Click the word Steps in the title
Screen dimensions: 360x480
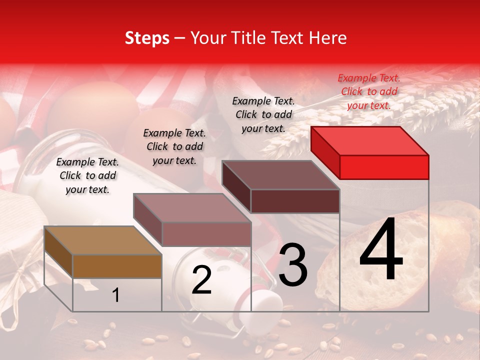[x=147, y=38]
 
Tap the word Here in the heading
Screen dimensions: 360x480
[x=328, y=38]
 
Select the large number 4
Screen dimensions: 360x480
[x=381, y=250]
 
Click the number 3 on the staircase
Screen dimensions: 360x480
[x=293, y=264]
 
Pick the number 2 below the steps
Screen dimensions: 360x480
[x=201, y=280]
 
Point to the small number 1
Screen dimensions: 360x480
[x=115, y=295]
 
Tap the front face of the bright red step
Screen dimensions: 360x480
[x=384, y=167]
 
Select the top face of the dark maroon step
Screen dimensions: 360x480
[x=280, y=175]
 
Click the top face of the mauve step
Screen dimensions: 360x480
[x=191, y=208]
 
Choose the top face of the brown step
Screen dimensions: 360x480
[x=102, y=240]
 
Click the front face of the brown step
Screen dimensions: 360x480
[x=117, y=266]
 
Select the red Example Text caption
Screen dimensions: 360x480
[x=369, y=91]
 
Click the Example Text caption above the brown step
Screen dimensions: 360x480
[x=87, y=175]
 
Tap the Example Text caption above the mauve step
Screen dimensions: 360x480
[x=174, y=146]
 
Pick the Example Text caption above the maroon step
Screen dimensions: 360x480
[x=263, y=114]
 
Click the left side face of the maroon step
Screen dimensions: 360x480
[x=236, y=187]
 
